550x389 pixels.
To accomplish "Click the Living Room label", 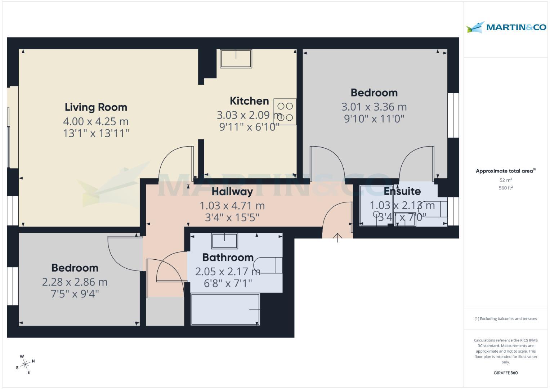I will tap(96, 107).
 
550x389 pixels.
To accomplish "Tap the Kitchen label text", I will tap(249, 101).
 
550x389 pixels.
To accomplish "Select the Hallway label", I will tap(232, 192).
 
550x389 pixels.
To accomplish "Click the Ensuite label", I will tap(402, 191).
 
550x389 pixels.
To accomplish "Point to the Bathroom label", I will tap(228, 258).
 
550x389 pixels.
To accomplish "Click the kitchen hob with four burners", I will tap(285, 112).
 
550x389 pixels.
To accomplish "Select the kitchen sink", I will tap(236, 59).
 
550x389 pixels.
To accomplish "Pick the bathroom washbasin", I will tap(224, 241).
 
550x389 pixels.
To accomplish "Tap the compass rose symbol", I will tap(25, 365).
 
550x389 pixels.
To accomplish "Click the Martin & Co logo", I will tap(506, 27).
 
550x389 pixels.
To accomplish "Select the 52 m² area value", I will tap(506, 180).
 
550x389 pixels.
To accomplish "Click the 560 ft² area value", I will tap(506, 188).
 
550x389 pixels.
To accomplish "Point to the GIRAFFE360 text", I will tap(506, 373).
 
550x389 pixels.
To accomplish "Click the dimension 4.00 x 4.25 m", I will tap(96, 122).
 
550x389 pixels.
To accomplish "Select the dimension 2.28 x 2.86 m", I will tap(75, 282).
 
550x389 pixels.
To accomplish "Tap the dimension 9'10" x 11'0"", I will tap(374, 119).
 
